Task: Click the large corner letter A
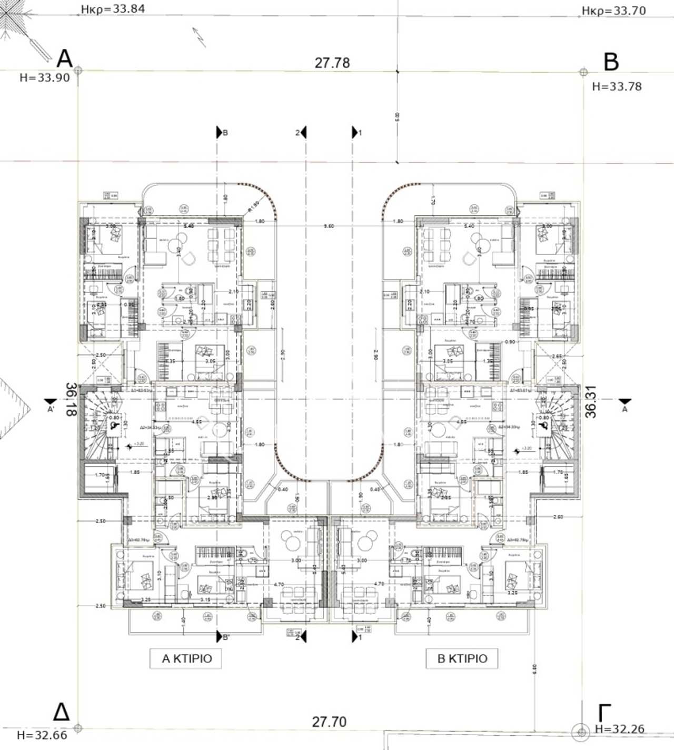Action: [64, 58]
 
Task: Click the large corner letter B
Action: [611, 62]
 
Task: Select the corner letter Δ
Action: [61, 712]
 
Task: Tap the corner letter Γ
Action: [604, 713]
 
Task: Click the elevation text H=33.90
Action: [45, 78]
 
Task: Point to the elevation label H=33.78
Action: [617, 86]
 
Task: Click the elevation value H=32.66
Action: [42, 735]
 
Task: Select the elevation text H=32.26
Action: [619, 729]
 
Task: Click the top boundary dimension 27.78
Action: [332, 63]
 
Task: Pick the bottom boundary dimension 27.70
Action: [329, 722]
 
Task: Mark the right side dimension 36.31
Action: [591, 402]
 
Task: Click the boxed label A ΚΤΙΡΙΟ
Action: [186, 658]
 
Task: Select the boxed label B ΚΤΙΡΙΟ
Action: [462, 658]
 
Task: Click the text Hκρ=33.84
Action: [113, 9]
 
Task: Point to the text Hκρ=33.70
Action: [613, 11]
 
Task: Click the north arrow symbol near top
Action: [199, 37]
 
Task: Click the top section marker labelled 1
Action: [356, 133]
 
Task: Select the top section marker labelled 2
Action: [302, 133]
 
